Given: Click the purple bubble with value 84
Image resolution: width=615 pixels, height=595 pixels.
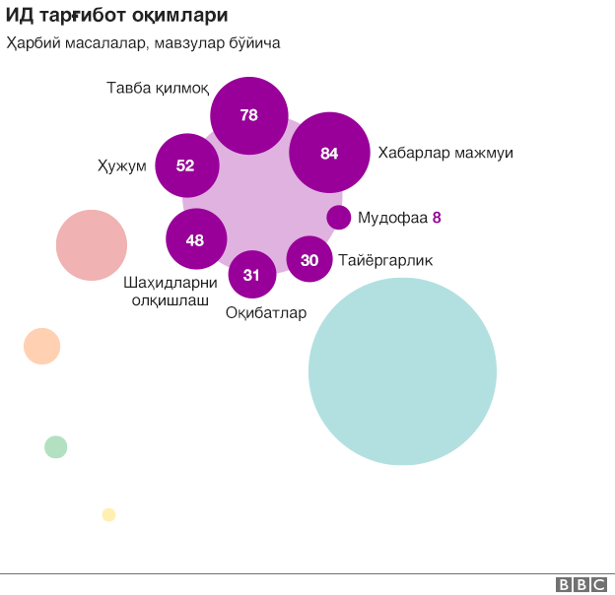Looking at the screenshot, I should tap(329, 153).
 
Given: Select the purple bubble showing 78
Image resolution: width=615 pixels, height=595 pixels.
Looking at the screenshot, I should tap(249, 115).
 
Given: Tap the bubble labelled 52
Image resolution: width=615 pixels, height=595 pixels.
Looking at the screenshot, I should tap(185, 165).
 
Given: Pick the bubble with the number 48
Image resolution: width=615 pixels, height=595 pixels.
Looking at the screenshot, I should tap(196, 239).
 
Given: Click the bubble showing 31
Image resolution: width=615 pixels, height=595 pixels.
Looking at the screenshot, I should tap(251, 275).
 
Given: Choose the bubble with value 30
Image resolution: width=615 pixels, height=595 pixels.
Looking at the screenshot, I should tap(309, 260).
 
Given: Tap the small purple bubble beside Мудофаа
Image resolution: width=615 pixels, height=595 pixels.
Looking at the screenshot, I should tap(339, 218).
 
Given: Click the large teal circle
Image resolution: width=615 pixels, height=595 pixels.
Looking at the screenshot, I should tap(402, 371).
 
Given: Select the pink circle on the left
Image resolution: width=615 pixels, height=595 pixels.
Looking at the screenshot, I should tap(92, 245).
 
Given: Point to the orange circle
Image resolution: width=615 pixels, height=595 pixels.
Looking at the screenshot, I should tap(42, 346).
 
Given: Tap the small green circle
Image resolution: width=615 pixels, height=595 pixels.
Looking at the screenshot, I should tap(56, 447).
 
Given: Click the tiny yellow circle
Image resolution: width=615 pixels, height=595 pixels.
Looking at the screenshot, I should tap(108, 514).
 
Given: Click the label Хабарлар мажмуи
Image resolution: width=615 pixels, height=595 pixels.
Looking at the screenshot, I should tap(445, 154).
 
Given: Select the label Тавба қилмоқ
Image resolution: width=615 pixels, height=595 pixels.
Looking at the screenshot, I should tap(158, 89).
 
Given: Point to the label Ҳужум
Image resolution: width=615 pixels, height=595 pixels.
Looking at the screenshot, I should tap(122, 165).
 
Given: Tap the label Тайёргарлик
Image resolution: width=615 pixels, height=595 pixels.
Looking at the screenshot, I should tap(385, 261).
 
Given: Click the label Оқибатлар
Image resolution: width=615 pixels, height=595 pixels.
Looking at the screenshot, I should tap(266, 313).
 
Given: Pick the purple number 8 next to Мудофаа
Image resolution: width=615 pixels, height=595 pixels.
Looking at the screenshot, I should tap(437, 218).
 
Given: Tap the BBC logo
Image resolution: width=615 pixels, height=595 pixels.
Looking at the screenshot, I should tap(581, 584).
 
